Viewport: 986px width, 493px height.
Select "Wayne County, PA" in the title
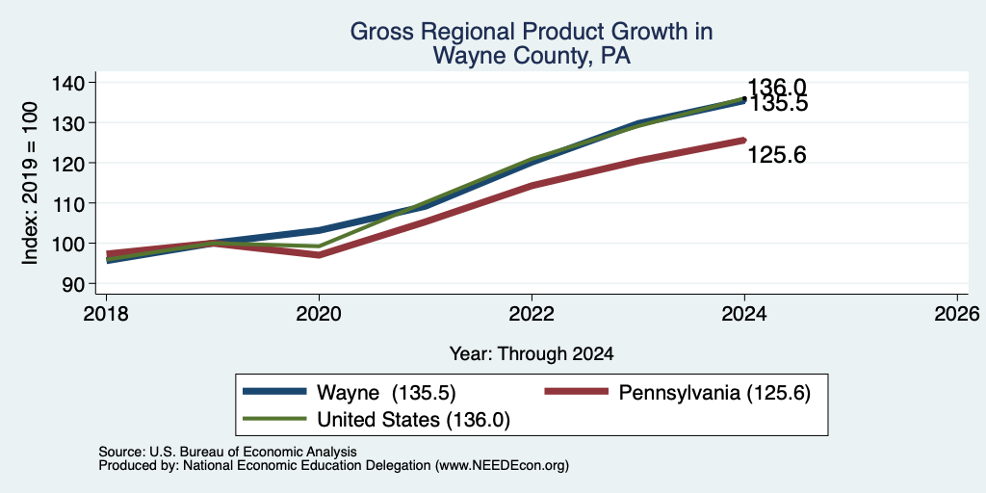click(532, 57)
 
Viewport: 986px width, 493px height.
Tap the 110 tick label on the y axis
click(71, 203)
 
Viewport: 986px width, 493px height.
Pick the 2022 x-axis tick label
click(532, 313)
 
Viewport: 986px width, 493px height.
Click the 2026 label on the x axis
click(957, 313)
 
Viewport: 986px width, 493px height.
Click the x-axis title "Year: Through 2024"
click(532, 354)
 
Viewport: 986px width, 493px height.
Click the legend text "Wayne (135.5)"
click(386, 393)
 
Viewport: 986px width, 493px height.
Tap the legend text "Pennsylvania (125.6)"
click(715, 393)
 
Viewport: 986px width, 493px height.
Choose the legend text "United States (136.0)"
click(413, 420)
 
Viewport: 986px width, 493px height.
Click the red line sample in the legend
click(577, 392)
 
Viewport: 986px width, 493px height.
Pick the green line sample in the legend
click(274, 419)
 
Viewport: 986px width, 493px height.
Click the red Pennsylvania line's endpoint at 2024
click(744, 141)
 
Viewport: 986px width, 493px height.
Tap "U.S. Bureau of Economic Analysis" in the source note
click(253, 452)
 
